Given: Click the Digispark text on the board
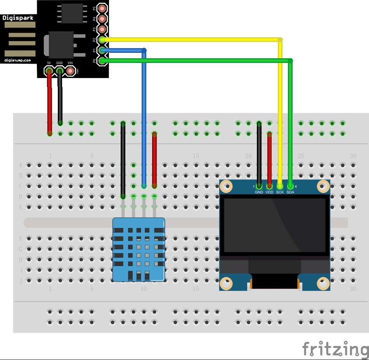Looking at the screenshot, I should tap(18, 17).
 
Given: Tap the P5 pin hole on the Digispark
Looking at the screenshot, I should tap(102, 8).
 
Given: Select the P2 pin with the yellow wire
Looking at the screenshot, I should tap(102, 40).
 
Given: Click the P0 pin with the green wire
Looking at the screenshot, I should tap(102, 61).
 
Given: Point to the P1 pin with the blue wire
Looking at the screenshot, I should tap(102, 50).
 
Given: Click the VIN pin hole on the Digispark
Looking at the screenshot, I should tap(70, 71).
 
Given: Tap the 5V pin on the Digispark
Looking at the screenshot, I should tap(49, 71).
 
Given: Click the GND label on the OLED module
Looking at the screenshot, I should tap(259, 192).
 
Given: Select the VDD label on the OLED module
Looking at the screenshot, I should tap(270, 192).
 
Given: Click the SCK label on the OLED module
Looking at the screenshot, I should tap(280, 192).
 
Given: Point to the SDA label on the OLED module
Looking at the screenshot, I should tap(290, 192).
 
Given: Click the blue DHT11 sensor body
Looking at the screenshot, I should tap(139, 249).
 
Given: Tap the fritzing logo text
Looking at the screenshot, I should tap(336, 349).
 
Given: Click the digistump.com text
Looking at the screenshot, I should tap(18, 60).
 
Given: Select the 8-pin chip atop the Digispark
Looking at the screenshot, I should tap(72, 13).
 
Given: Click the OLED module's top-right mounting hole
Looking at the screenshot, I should tap(323, 187).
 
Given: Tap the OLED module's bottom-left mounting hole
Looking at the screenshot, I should tap(226, 283).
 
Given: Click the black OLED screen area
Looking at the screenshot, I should tap(274, 225).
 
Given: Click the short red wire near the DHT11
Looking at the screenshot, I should tap(154, 159).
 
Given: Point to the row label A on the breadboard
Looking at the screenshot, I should tap(21, 165).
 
